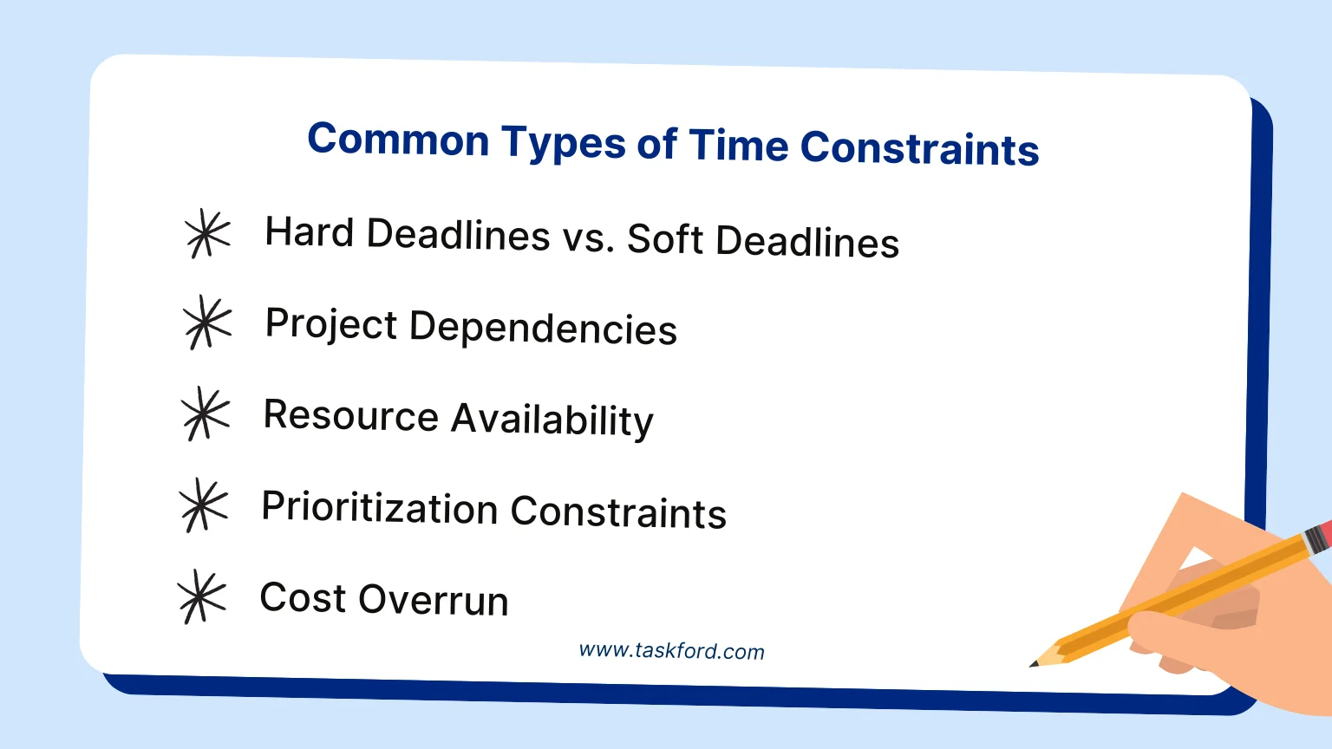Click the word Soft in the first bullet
pos(665,239)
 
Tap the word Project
pos(331,324)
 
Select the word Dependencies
pos(543,328)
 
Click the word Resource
pos(351,414)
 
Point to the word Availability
pos(552,420)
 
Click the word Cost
pos(303,596)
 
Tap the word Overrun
pos(434,599)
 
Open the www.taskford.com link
pos(671,651)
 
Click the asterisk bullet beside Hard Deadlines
pos(207,233)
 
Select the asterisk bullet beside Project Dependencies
pos(206,322)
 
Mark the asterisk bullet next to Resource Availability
pos(206,414)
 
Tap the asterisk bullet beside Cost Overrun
pos(201,596)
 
